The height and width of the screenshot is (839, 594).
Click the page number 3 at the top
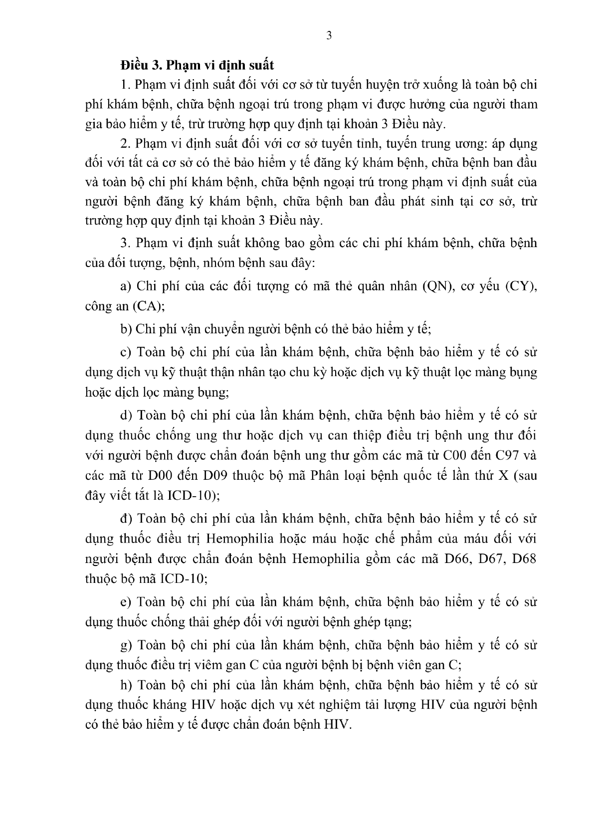pyautogui.click(x=328, y=35)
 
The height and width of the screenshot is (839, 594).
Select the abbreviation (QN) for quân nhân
pyautogui.click(x=437, y=286)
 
